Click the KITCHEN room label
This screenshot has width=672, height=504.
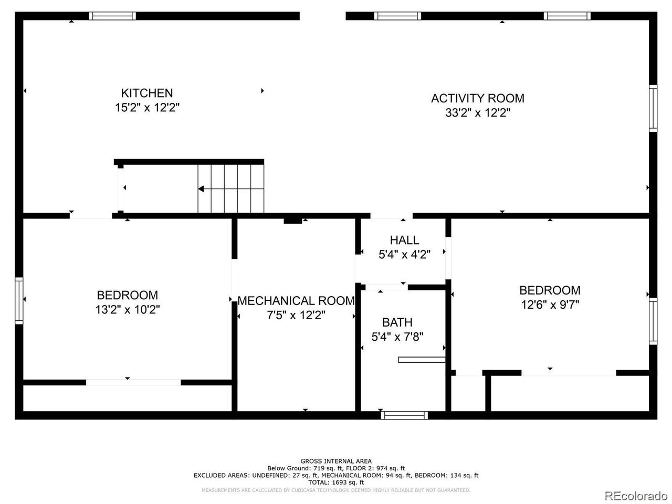147,93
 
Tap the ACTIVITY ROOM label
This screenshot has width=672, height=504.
478,98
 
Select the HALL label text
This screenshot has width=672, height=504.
404,240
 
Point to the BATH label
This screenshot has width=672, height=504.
397,322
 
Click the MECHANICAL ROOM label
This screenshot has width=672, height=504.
296,300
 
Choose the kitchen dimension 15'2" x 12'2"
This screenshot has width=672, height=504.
147,108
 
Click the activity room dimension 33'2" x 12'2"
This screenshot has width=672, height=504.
478,112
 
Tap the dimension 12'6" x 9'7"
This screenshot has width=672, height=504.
550,304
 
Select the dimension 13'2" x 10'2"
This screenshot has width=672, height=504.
128,309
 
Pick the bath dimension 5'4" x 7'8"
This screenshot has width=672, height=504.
397,337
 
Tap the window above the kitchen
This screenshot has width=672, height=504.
112,16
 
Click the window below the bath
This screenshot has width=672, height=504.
404,415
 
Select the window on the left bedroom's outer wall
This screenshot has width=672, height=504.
19,300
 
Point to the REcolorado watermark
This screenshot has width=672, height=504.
636,495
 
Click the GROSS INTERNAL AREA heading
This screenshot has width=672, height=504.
336,461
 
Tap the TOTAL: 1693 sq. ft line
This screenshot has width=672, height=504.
336,482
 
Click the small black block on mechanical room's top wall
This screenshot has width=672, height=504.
292,220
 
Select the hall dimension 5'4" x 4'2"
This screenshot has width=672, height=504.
404,254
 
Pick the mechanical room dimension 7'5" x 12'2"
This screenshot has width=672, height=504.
296,315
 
